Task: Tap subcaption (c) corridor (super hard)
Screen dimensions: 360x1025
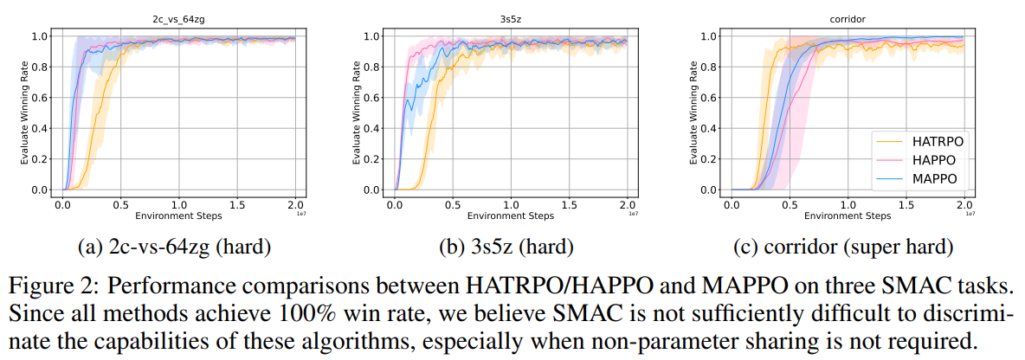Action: coord(844,247)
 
